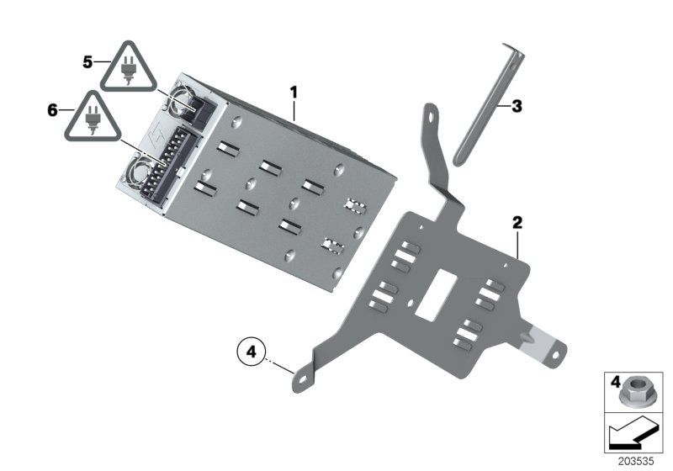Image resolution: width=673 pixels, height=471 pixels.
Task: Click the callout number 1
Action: pyautogui.click(x=294, y=90)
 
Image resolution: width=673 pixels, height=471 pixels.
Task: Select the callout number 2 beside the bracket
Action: pyautogui.click(x=517, y=223)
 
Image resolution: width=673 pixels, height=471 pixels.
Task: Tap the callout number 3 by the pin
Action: pyautogui.click(x=517, y=106)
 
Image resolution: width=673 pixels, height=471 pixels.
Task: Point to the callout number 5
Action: pyautogui.click(x=88, y=62)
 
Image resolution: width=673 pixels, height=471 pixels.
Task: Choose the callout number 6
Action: pyautogui.click(x=53, y=110)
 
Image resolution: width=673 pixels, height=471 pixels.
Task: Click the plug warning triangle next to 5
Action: pyautogui.click(x=128, y=68)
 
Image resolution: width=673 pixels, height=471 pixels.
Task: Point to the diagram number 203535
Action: pyautogui.click(x=635, y=462)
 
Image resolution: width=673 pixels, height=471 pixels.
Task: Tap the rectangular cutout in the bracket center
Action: pyautogui.click(x=438, y=295)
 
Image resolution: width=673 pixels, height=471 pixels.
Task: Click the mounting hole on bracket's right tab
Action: pyautogui.click(x=556, y=357)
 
